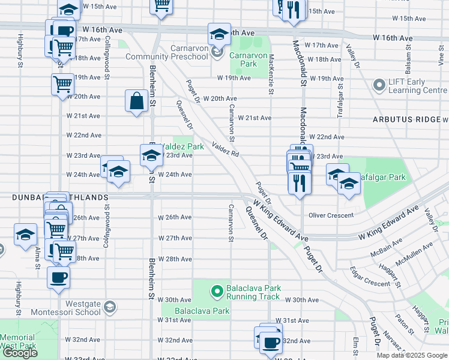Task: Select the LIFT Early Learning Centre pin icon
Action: (x=379, y=86)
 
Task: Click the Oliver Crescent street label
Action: (x=331, y=215)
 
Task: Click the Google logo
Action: (x=20, y=353)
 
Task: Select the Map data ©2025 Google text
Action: (x=412, y=355)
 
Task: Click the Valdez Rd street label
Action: (x=226, y=149)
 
